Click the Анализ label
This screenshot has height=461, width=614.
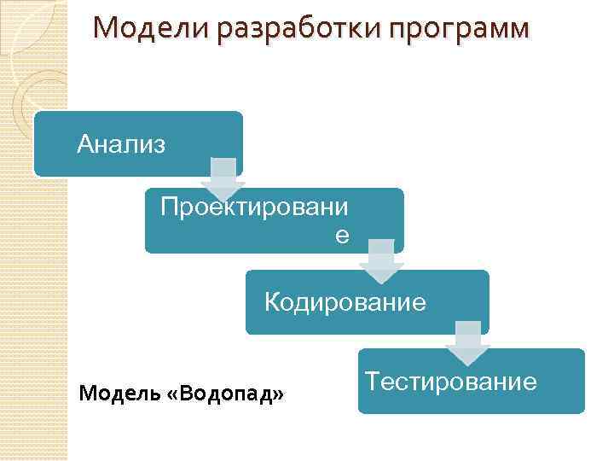[x=121, y=143]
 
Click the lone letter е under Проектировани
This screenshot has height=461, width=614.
[x=341, y=235]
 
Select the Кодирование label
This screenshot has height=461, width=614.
[x=345, y=302]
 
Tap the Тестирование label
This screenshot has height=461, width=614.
[x=451, y=381]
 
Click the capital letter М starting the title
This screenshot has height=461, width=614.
[x=105, y=28]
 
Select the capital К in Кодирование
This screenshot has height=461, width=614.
[x=272, y=302]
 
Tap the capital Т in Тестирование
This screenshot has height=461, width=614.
[x=372, y=381]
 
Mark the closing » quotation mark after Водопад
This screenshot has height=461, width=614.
[x=279, y=395]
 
